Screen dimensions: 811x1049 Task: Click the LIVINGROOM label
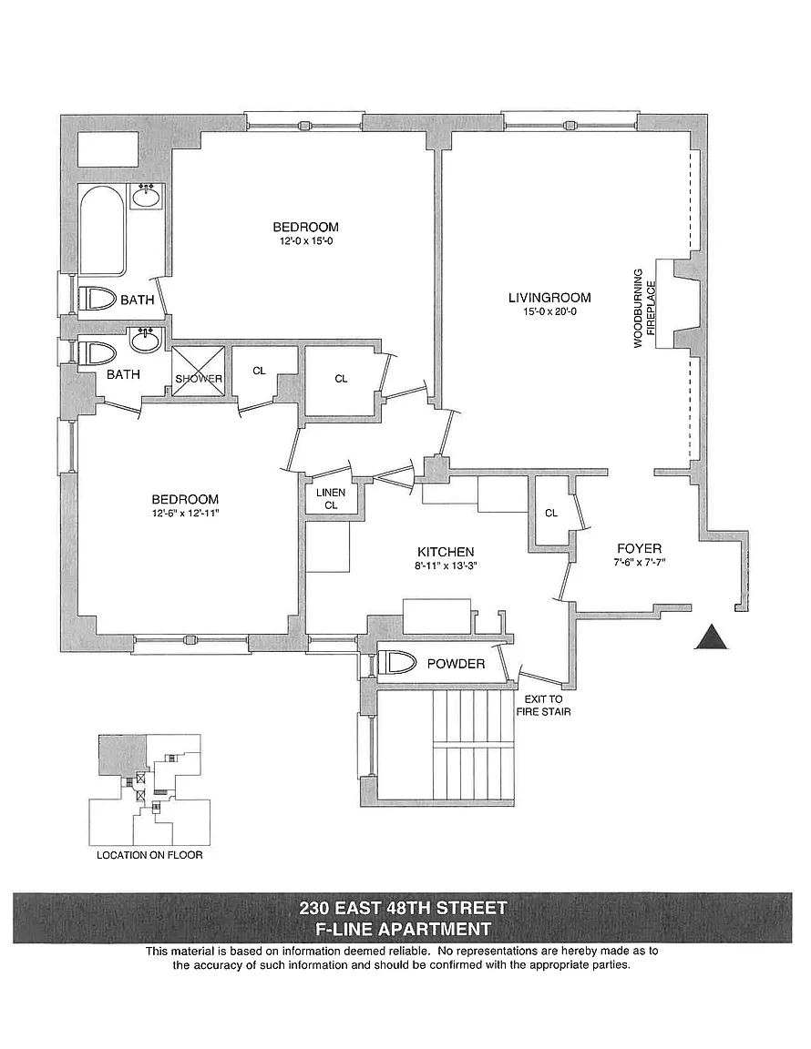(x=549, y=298)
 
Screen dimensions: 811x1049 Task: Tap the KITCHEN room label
(x=446, y=552)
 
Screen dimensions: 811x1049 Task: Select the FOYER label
(x=639, y=548)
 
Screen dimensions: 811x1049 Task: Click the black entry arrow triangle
(x=713, y=637)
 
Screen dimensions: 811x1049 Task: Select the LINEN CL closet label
(x=325, y=498)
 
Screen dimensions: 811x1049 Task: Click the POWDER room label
(x=456, y=664)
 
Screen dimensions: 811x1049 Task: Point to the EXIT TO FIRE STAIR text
(x=543, y=705)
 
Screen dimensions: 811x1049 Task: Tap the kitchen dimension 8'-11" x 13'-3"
(x=446, y=566)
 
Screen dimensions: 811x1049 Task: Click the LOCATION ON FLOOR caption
(x=149, y=856)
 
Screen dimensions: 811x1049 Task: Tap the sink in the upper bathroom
(x=146, y=195)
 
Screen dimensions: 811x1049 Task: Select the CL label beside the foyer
(x=551, y=514)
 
